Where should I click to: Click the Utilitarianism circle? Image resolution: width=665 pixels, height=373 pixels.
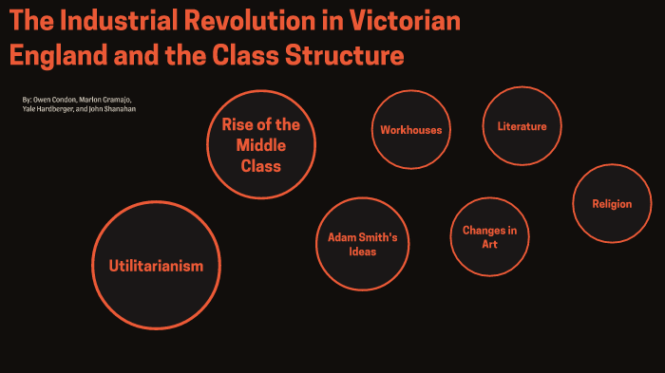pyautogui.click(x=156, y=266)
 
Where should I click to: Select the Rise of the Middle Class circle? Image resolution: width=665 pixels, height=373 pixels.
pyautogui.click(x=260, y=144)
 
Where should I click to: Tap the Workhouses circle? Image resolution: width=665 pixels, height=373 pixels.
pyautogui.click(x=410, y=130)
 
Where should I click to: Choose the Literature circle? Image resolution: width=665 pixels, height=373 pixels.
pyautogui.click(x=522, y=126)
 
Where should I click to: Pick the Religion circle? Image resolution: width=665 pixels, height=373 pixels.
pyautogui.click(x=611, y=203)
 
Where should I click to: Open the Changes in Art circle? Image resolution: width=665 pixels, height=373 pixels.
pyautogui.click(x=489, y=236)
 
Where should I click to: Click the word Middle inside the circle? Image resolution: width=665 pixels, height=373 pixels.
pyautogui.click(x=260, y=144)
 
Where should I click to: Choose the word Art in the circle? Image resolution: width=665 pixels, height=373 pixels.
pyautogui.click(x=489, y=244)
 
